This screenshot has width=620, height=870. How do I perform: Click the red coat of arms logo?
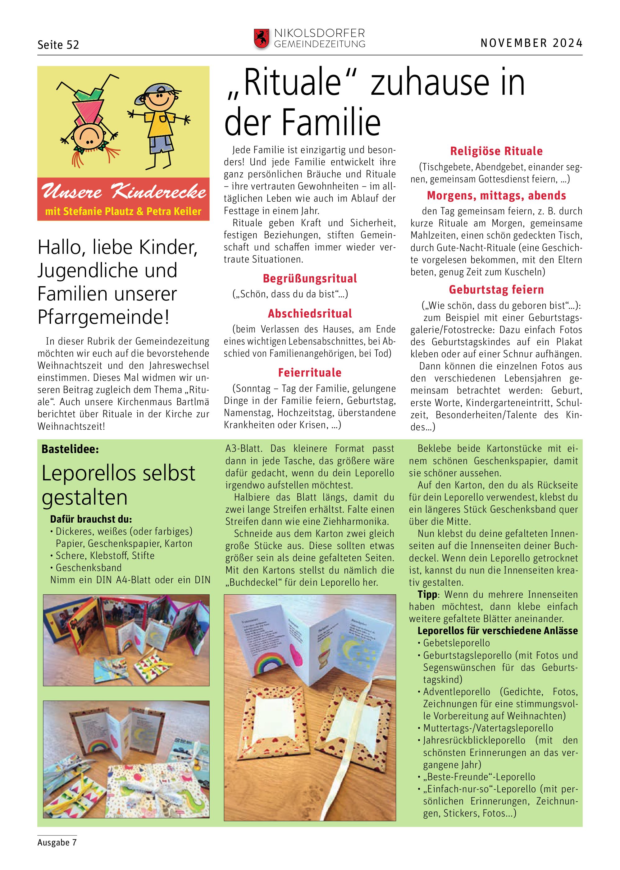[261, 39]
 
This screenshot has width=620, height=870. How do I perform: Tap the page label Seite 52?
[58, 45]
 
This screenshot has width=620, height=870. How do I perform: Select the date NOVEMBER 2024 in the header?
[531, 43]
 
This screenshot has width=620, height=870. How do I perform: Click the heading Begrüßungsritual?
[310, 278]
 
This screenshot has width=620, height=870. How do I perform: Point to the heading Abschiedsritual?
[310, 314]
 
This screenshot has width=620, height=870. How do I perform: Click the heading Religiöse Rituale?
[496, 151]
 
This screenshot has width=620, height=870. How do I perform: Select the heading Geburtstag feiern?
[496, 290]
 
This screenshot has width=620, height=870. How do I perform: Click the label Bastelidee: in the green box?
[70, 449]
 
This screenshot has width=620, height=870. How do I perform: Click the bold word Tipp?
[427, 595]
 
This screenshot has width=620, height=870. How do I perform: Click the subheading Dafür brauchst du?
[91, 520]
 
